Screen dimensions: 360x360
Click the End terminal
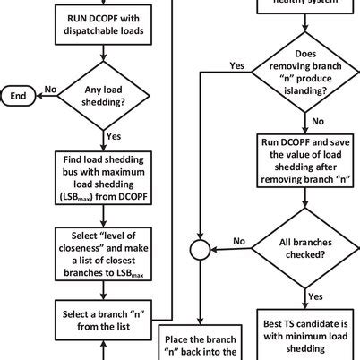17,93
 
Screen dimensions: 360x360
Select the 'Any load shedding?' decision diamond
104,93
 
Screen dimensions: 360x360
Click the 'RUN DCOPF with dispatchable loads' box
104,27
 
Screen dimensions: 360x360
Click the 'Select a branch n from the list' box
104,319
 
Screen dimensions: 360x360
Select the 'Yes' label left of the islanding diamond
236,65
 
